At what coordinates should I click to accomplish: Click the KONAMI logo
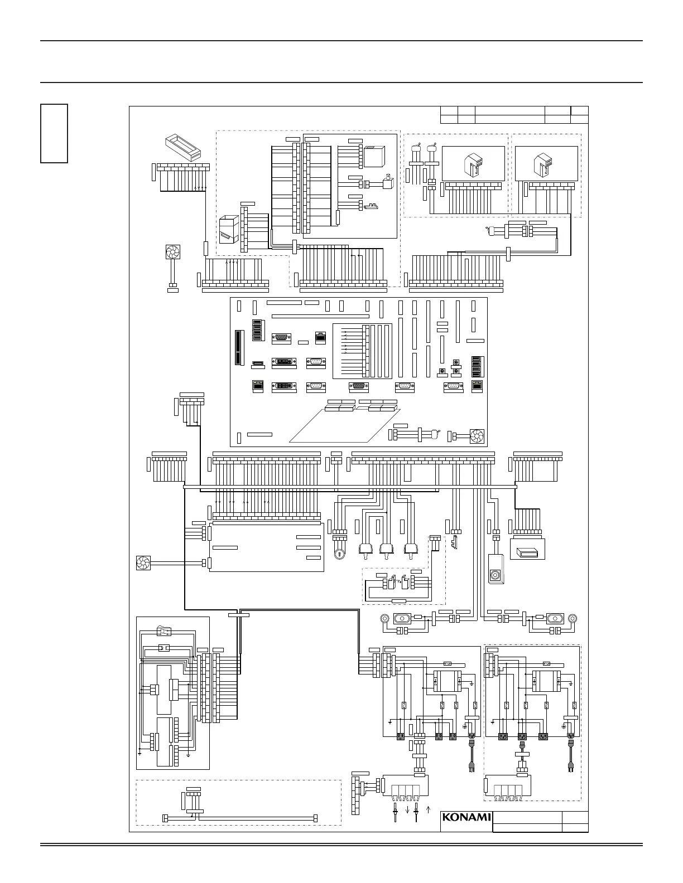coord(466,817)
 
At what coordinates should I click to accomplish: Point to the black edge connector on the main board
coord(240,348)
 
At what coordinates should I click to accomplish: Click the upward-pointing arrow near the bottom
coord(428,809)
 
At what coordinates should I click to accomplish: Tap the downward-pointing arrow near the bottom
coord(407,809)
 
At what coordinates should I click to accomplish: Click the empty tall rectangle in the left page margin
coord(54,133)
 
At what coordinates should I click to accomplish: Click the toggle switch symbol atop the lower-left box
coord(164,632)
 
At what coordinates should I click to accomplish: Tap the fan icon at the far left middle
coord(144,563)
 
